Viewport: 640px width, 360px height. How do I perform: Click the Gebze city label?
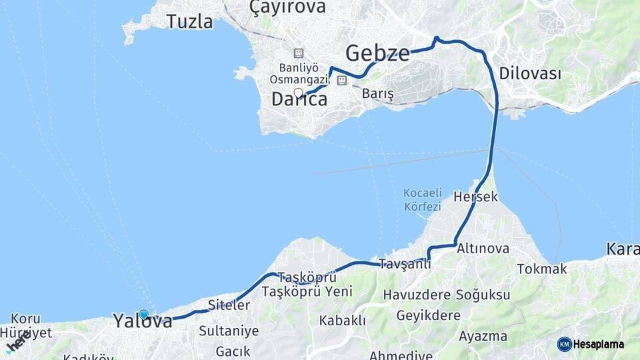coord(377,53)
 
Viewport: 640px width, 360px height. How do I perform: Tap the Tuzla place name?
coord(190,21)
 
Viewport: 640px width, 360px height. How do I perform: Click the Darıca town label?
coord(299,99)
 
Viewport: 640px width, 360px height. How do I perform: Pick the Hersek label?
coord(475,197)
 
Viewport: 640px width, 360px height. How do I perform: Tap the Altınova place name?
coord(483,249)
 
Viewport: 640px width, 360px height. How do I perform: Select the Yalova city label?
coord(143,321)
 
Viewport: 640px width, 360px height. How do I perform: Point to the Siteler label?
coord(229,305)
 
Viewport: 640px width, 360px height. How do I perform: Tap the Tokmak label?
coord(542,269)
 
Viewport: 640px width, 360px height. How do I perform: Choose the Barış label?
coord(378,95)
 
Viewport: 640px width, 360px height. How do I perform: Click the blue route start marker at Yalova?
coord(144,314)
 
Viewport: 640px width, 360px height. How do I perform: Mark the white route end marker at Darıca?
coord(299,93)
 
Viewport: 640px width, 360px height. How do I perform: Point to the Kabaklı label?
coord(342,321)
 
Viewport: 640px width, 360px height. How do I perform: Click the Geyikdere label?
coord(428,315)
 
